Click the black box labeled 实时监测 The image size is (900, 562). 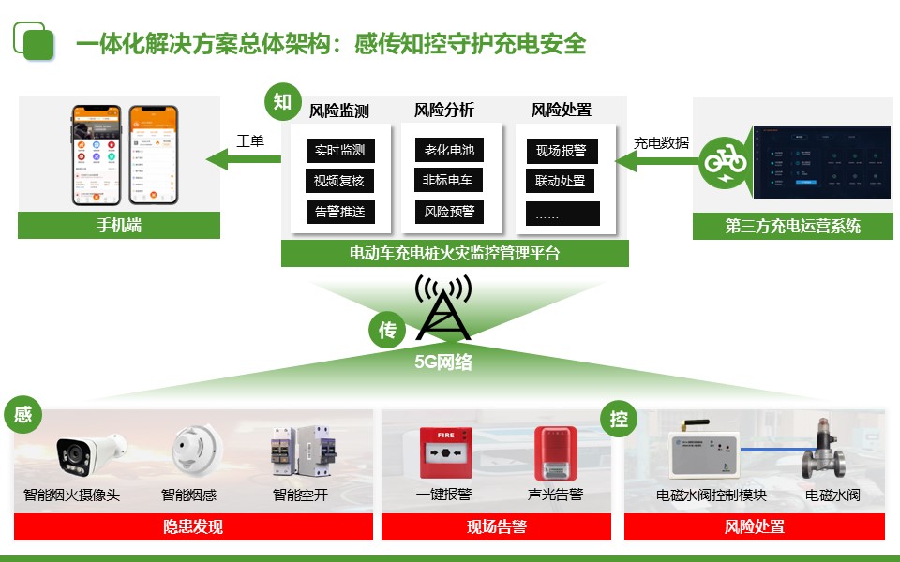tap(339, 150)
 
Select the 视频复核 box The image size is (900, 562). tap(339, 181)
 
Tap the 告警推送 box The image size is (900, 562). tap(339, 212)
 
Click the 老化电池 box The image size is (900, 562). tap(448, 150)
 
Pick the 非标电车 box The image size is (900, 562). tap(448, 180)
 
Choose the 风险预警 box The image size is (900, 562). tap(448, 212)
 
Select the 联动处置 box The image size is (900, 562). tap(561, 181)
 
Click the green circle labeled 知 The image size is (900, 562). tap(283, 102)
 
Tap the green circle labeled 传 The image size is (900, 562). tap(387, 330)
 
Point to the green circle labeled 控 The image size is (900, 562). tap(619, 419)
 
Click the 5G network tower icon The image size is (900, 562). tap(443, 309)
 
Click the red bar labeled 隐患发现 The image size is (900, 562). tap(193, 527)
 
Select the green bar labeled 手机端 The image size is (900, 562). tap(119, 226)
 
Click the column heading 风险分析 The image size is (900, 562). tap(444, 110)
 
